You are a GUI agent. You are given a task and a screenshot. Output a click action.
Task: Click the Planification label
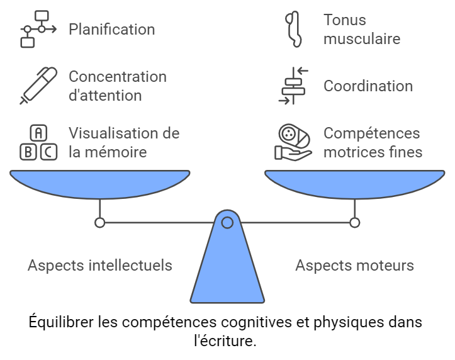(111, 29)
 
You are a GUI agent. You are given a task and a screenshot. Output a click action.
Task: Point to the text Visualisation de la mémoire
(124, 142)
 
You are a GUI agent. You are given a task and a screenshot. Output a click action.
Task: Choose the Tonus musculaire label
(362, 29)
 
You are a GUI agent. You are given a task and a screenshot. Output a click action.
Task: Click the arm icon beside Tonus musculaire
(294, 29)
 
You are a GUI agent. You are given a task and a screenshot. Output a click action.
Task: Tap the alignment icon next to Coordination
(294, 86)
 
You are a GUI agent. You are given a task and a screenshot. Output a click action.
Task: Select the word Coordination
(368, 86)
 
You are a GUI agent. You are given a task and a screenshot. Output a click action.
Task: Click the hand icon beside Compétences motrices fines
(293, 143)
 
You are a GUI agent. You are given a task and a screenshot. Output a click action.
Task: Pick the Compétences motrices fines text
(373, 142)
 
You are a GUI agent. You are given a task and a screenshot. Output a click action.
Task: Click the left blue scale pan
(99, 183)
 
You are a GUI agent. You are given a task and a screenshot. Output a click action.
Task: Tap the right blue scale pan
(354, 183)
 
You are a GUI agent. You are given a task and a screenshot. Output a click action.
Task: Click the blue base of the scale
(227, 271)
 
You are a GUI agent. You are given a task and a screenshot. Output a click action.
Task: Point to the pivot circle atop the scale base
(227, 222)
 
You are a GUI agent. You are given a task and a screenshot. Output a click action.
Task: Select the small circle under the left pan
(99, 222)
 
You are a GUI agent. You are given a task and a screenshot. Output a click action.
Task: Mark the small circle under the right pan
(354, 222)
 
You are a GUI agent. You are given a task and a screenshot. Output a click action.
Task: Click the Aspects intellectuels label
(99, 265)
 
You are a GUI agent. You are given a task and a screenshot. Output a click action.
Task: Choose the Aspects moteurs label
(354, 265)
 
